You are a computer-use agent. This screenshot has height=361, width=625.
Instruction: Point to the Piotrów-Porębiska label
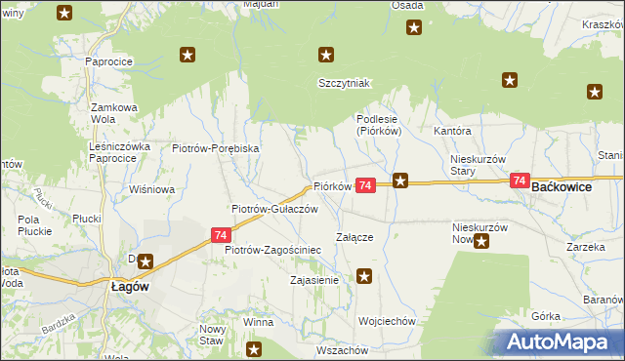(215, 148)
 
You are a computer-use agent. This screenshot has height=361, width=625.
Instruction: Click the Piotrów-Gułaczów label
(274, 209)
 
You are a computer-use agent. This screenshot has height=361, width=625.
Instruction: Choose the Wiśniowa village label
(150, 189)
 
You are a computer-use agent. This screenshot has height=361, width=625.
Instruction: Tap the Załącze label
(354, 236)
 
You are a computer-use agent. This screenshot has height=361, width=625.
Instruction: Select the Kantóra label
(453, 131)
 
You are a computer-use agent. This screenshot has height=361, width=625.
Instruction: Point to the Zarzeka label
(586, 248)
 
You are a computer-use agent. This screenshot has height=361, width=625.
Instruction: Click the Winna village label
(258, 321)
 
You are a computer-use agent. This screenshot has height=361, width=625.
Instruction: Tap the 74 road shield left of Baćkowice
(519, 181)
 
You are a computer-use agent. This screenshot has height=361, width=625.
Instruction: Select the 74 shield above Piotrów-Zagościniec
(221, 235)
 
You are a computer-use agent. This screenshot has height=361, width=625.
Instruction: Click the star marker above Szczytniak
(326, 56)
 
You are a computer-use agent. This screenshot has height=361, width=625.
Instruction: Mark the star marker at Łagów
(146, 261)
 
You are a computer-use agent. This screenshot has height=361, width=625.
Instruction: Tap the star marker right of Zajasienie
(364, 277)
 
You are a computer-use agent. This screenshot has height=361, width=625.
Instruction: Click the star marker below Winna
(255, 348)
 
